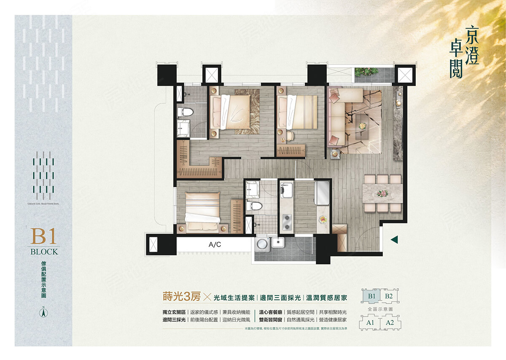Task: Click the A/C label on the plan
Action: (x=215, y=244)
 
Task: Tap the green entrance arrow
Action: (x=395, y=240)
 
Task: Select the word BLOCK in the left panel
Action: (x=44, y=252)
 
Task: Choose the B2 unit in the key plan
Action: (x=389, y=296)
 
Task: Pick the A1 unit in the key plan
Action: (x=370, y=323)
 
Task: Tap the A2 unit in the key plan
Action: (x=390, y=323)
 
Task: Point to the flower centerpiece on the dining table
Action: (x=382, y=193)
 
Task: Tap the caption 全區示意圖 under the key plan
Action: (x=380, y=309)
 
